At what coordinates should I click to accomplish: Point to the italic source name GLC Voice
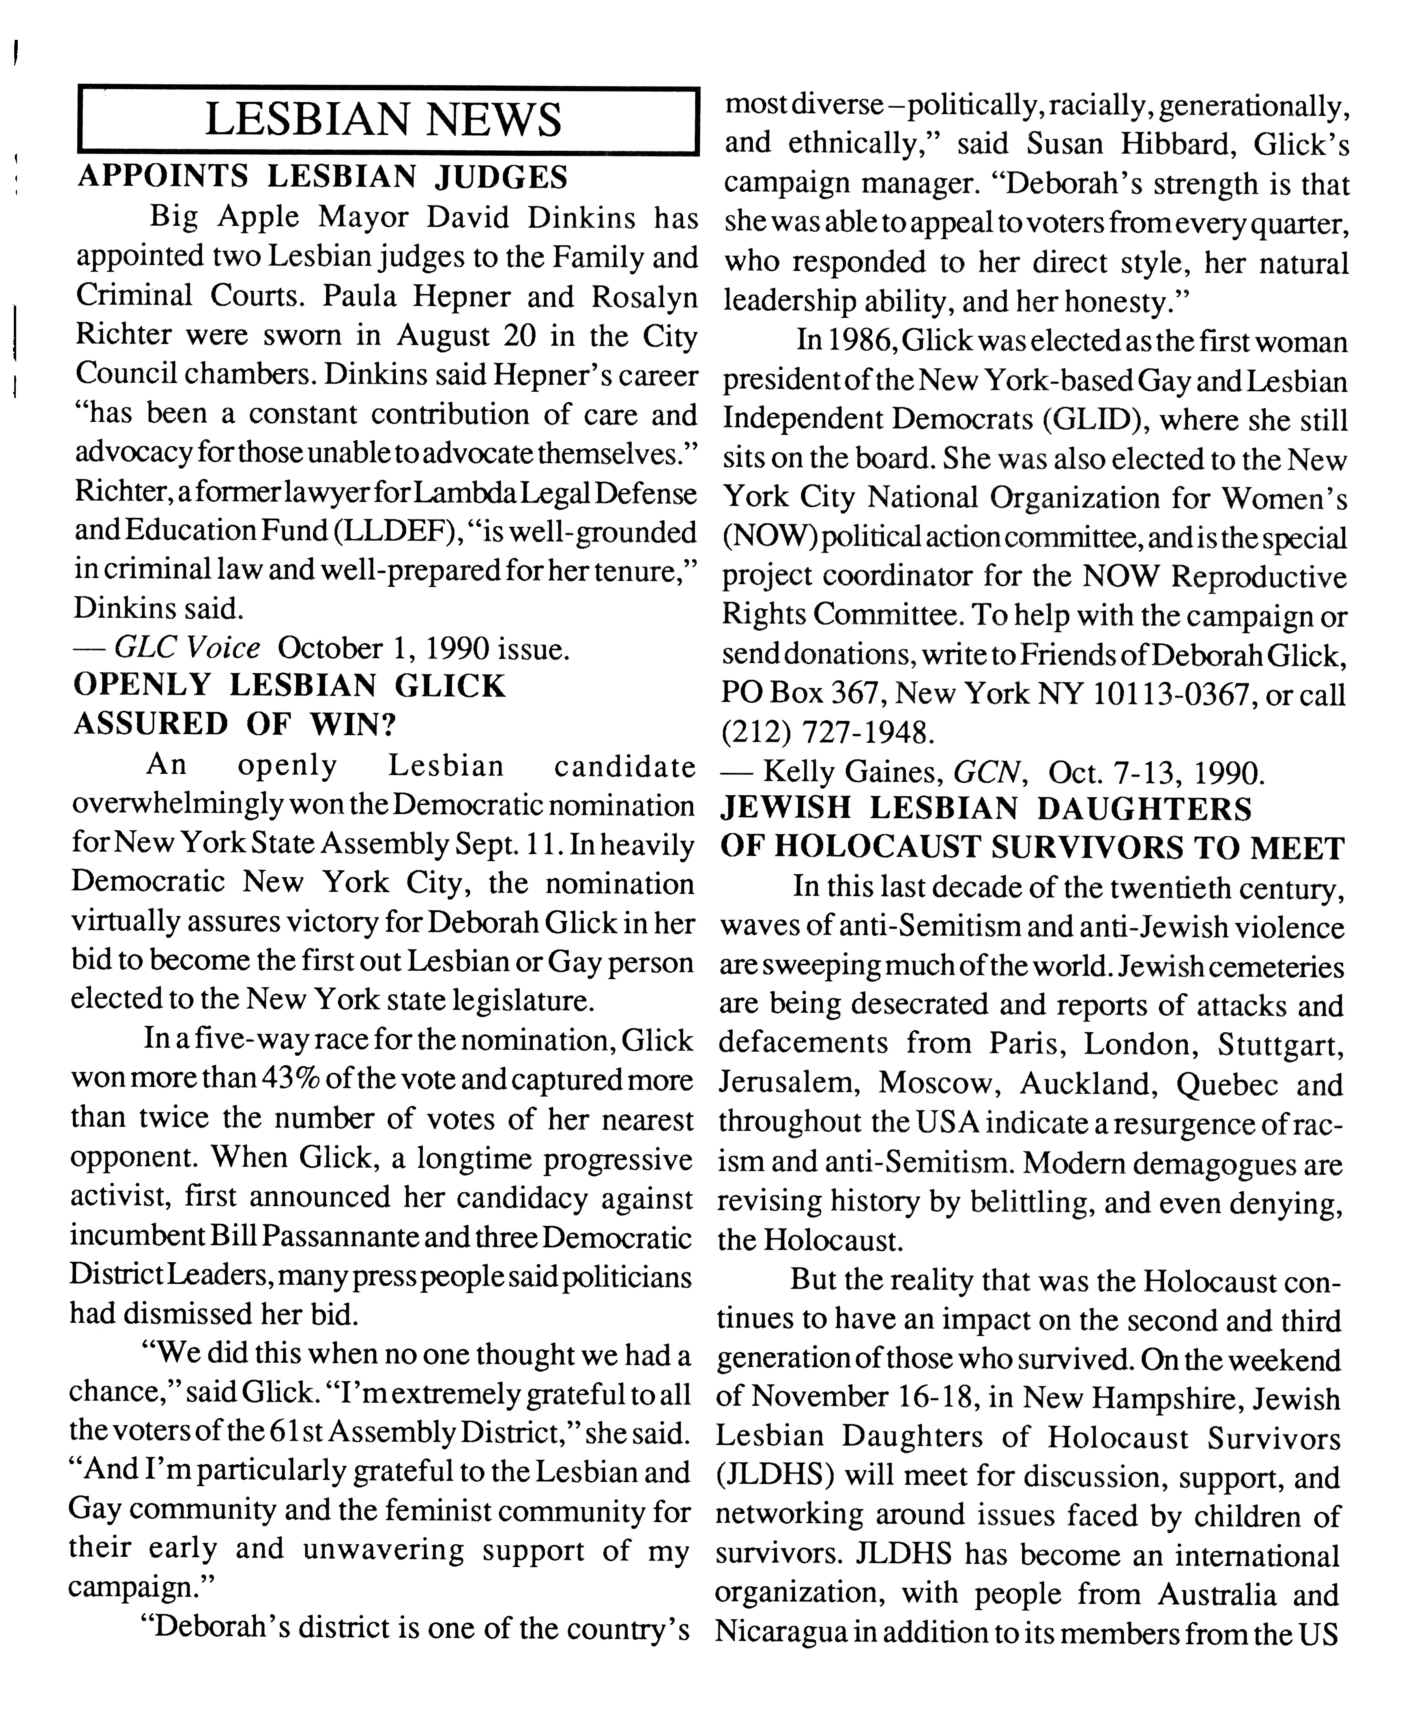pos(187,648)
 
